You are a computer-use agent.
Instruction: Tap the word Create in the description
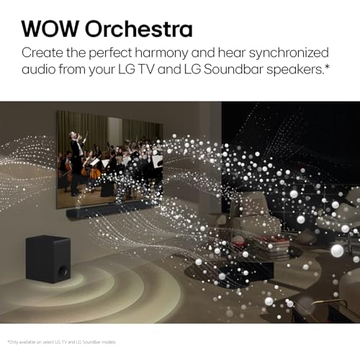click(44, 53)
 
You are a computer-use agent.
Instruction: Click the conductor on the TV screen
click(77, 148)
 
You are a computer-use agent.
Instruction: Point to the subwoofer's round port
click(63, 271)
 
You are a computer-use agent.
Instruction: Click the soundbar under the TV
click(108, 212)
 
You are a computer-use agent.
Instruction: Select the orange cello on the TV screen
click(94, 171)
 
